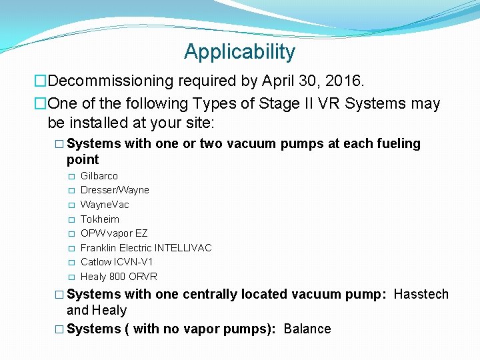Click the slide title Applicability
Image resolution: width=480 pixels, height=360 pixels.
[239, 52]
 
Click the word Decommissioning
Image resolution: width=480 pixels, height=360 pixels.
[111, 81]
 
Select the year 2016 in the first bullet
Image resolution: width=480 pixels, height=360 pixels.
[344, 81]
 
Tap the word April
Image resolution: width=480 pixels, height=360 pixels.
[274, 81]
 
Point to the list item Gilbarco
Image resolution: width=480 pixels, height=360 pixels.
[99, 176]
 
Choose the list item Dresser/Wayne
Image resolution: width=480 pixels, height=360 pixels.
[115, 190]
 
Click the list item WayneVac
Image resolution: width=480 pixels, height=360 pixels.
[105, 205]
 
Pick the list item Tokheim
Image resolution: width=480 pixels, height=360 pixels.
[100, 219]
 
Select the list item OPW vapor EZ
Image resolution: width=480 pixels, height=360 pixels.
[114, 233]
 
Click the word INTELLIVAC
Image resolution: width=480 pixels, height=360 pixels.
[183, 248]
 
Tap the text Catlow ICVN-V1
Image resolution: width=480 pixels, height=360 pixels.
[117, 262]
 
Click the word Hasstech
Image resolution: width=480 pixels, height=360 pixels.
[421, 295]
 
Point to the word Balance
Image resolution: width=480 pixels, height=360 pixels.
[307, 329]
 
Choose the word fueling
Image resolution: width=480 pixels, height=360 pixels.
[398, 144]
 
